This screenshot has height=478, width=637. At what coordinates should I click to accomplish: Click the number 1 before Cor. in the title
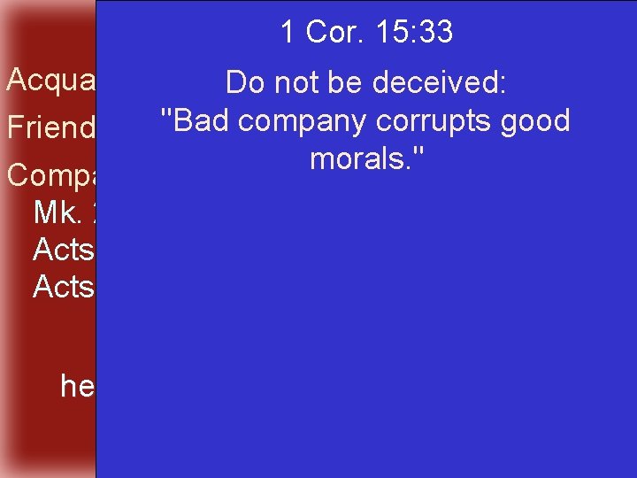pos(288,33)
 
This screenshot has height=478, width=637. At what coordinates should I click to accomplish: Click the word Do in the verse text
pos(243,83)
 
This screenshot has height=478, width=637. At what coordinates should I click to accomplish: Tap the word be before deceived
pos(345,83)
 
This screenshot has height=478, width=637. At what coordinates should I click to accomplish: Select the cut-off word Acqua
pos(50,81)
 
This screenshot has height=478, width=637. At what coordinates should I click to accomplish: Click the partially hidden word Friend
pos(50,128)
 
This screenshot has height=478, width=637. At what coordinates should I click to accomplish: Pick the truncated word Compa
pos(50,175)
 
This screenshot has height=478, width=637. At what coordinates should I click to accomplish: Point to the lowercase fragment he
pos(77,386)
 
